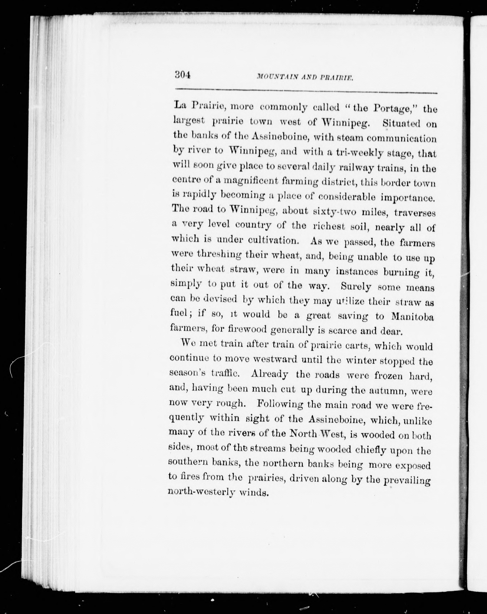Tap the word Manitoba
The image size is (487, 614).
point(412,317)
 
